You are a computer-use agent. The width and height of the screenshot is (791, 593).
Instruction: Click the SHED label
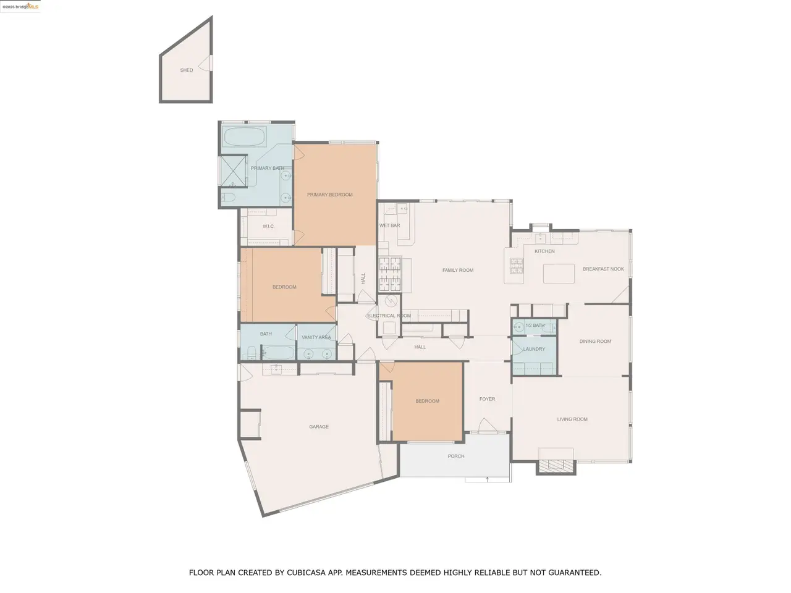click(x=186, y=70)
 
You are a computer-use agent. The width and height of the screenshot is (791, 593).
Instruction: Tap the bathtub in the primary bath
click(x=245, y=137)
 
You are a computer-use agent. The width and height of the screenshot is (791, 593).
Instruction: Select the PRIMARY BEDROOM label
click(x=330, y=195)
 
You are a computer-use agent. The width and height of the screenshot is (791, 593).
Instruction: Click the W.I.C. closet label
click(x=268, y=227)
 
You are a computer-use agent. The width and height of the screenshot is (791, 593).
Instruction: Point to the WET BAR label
click(x=389, y=225)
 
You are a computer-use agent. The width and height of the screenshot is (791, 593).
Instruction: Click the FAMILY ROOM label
click(x=458, y=270)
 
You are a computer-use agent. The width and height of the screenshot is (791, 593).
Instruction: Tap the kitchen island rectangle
click(x=559, y=274)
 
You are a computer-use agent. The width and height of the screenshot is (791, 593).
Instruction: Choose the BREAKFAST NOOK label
click(x=603, y=269)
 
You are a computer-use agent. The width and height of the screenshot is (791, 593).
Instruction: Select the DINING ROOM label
click(x=595, y=342)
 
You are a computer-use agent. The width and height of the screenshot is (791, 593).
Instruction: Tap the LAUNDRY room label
click(x=534, y=349)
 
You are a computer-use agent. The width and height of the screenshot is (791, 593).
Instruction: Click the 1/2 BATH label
click(x=535, y=326)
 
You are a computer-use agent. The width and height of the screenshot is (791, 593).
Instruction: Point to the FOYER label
click(x=487, y=399)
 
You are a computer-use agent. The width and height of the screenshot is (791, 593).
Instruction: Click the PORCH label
click(x=456, y=456)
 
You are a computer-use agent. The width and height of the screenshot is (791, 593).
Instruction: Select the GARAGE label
click(x=319, y=427)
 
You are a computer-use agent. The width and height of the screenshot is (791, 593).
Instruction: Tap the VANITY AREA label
click(x=316, y=337)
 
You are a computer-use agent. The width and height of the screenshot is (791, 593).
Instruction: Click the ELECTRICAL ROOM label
click(x=389, y=316)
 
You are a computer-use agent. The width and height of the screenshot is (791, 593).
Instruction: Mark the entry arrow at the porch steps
click(x=487, y=479)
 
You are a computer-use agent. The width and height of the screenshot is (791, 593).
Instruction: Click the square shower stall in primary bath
click(x=234, y=170)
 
